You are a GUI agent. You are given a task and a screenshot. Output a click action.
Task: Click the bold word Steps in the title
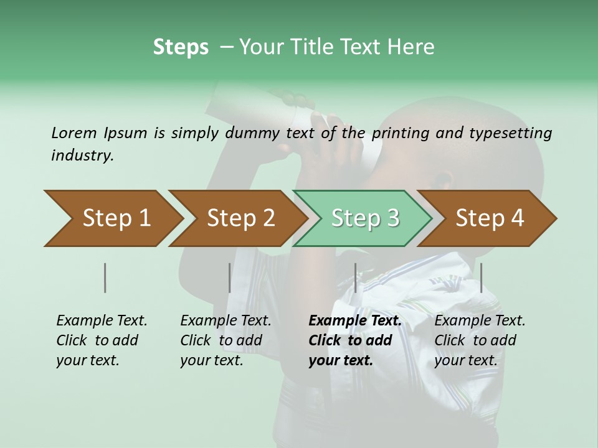pyautogui.click(x=181, y=47)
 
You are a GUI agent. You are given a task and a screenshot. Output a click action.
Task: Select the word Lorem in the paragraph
pyautogui.click(x=74, y=133)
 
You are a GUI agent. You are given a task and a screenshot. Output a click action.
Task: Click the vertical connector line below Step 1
pyautogui.click(x=105, y=278)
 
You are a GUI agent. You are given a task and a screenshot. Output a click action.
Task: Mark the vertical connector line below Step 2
pyautogui.click(x=230, y=278)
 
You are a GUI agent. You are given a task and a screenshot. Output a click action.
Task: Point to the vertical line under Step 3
pyautogui.click(x=355, y=278)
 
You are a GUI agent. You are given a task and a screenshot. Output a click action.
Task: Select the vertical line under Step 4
pyautogui.click(x=481, y=278)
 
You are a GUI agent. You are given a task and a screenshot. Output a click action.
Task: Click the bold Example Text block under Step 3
pyautogui.click(x=354, y=340)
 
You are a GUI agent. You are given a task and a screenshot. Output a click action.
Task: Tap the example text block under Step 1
pyautogui.click(x=102, y=340)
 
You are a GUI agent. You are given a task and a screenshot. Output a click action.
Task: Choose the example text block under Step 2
pyautogui.click(x=225, y=340)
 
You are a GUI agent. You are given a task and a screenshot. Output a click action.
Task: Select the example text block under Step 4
pyautogui.click(x=480, y=340)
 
